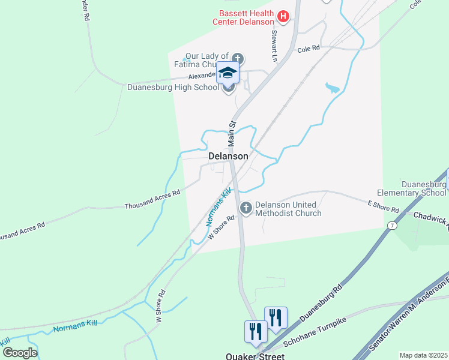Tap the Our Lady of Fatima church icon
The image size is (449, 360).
[x=238, y=58]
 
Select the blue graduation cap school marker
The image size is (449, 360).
[x=228, y=73]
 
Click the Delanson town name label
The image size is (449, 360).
[x=228, y=156]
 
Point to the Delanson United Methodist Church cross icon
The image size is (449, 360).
[x=246, y=208]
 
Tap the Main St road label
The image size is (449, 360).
[x=232, y=133]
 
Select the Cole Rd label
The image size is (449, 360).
[x=308, y=48]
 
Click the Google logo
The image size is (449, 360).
[x=20, y=352]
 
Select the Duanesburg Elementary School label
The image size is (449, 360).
[x=424, y=188]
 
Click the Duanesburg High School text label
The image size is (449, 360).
[x=173, y=87]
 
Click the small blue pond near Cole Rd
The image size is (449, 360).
[x=332, y=89]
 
